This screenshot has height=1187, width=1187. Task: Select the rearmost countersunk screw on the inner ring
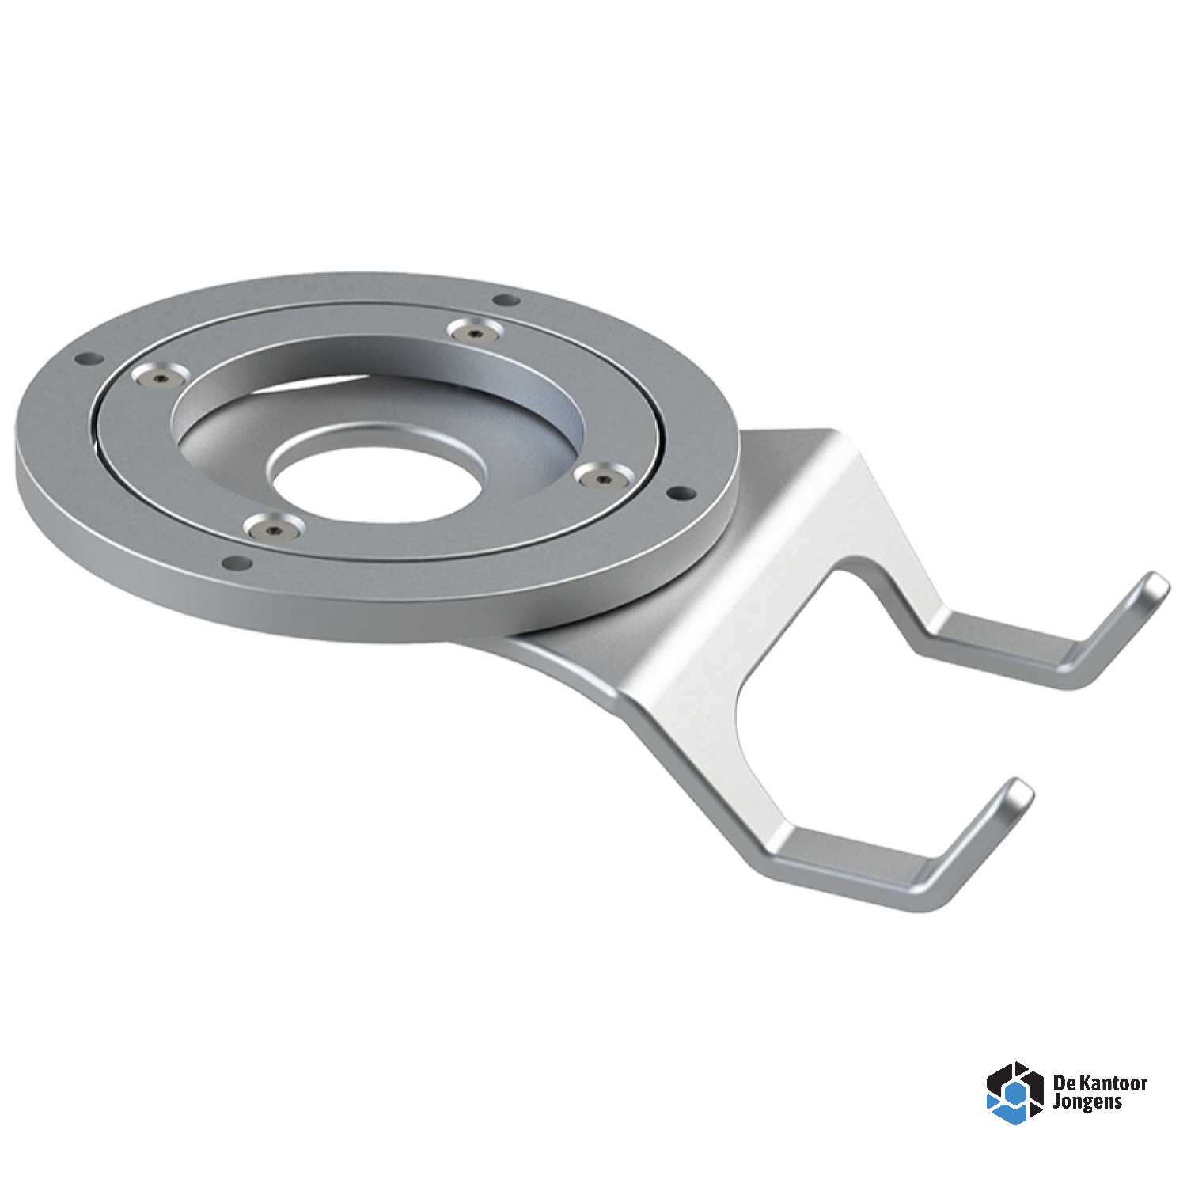(x=474, y=331)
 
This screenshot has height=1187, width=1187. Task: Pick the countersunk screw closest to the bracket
(x=603, y=476)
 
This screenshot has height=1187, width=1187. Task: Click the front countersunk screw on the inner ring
(x=274, y=527)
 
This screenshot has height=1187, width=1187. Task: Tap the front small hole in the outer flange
(x=236, y=563)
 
